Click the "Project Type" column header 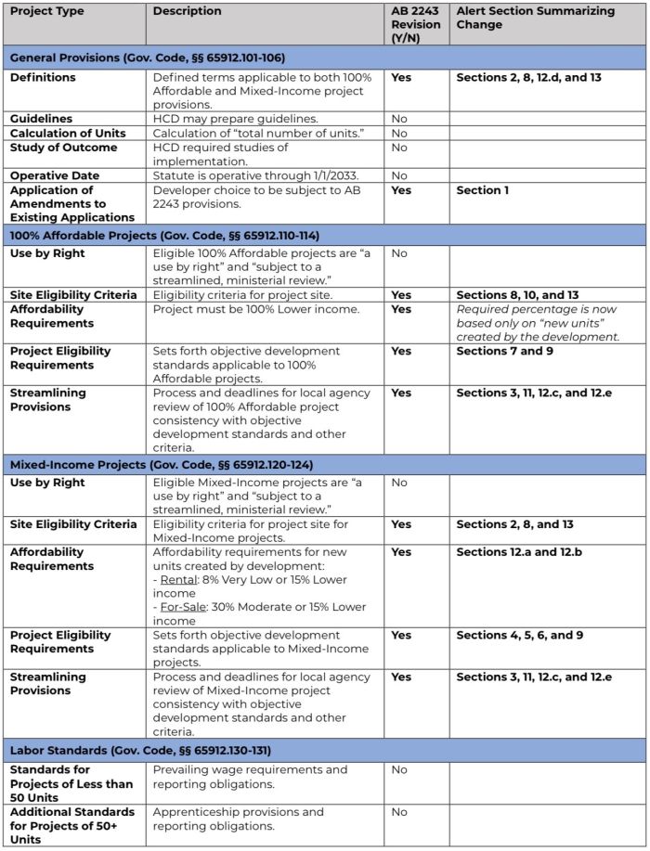[47, 11]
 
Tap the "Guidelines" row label [42, 119]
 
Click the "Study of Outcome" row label [63, 148]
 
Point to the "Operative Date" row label [54, 175]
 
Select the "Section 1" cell [484, 189]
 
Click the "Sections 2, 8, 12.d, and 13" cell [528, 78]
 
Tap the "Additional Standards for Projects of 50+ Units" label [72, 826]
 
